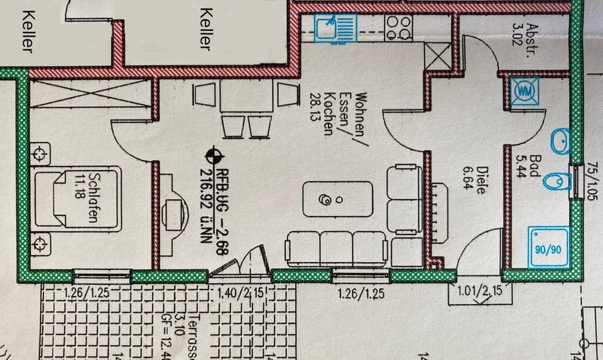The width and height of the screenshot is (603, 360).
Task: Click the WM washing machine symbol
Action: tap(523, 92)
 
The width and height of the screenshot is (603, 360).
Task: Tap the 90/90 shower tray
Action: tap(546, 248)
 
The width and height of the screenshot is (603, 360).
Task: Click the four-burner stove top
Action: tap(399, 27)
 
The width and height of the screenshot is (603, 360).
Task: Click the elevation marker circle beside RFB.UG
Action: tap(214, 154)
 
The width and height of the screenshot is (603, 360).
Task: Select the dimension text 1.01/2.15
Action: tap(479, 291)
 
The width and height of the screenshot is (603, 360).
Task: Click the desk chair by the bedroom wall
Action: tap(174, 209)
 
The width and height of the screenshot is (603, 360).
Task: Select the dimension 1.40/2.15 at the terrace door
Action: tap(240, 292)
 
